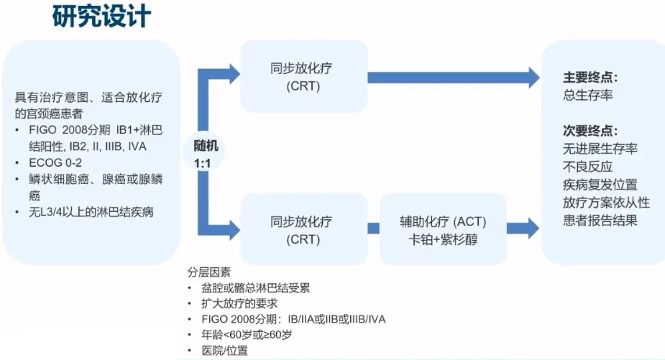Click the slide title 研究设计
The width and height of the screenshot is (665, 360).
pos(101,17)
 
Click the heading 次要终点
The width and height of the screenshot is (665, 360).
pos(590,131)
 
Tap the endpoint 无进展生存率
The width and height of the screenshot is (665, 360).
pos(600,149)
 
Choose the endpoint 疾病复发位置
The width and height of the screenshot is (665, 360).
pos(600,185)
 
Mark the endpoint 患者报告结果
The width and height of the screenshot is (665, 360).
pos(600,221)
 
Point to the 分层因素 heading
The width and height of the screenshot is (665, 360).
pos(209,272)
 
